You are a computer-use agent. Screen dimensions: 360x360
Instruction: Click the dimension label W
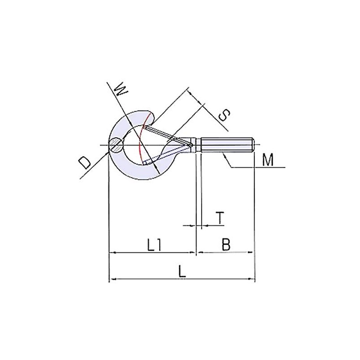[120, 90]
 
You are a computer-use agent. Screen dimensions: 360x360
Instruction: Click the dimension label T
[219, 217]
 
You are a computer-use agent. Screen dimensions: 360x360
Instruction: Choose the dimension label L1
[154, 245]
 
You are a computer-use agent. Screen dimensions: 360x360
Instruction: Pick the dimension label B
[226, 245]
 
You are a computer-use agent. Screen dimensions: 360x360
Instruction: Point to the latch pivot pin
[191, 145]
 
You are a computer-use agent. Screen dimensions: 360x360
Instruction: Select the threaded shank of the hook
[227, 145]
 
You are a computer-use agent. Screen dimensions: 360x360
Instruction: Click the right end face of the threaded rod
[254, 145]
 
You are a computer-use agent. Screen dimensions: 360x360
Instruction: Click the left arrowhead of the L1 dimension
[112, 253]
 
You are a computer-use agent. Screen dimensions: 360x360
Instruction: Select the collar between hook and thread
[198, 145]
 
